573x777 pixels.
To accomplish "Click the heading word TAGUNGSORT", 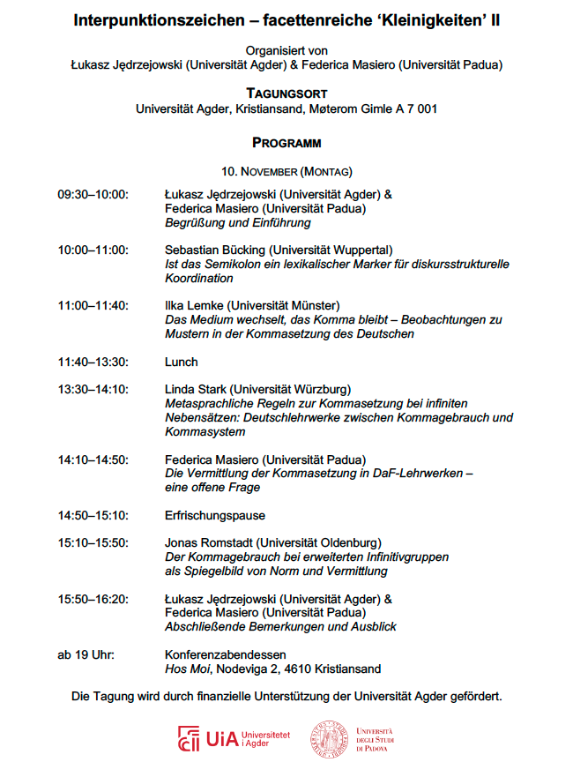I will pos(286,93).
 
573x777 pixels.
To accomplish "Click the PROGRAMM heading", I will pos(286,142).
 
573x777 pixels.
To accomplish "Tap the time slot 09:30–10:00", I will pos(93,194).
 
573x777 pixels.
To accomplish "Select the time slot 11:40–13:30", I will pos(93,362).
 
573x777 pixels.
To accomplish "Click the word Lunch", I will pos(182,362).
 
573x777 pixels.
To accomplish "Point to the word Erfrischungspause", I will pos(215,515).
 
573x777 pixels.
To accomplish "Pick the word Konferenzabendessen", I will pos(226,654).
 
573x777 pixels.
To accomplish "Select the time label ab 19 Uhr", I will pos(86,654).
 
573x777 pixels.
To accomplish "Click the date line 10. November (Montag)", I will pos(286,170).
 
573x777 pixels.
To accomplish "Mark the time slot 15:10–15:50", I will pos(93,542).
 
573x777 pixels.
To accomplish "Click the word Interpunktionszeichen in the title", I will pos(159,20).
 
